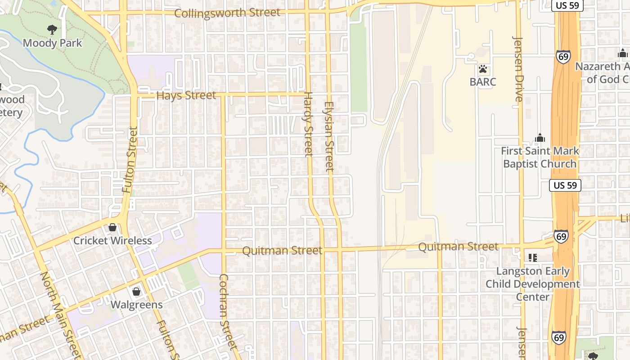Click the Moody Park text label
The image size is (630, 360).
[53, 43]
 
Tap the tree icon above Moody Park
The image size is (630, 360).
[52, 30]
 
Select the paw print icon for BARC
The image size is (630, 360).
[483, 69]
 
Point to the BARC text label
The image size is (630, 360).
[483, 82]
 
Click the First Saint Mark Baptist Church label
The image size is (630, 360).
[540, 157]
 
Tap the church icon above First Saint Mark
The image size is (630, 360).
[540, 138]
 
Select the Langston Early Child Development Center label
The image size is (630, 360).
[533, 284]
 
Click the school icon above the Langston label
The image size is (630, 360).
[533, 258]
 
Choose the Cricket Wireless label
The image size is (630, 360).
[112, 241]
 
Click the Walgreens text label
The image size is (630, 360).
[137, 305]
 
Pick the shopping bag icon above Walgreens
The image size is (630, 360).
[136, 292]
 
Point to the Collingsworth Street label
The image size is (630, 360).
[227, 13]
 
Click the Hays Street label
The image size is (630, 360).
[186, 95]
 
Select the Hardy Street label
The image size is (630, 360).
[308, 124]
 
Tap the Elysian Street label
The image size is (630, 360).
[329, 137]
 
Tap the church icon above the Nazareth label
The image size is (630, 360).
[623, 53]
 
